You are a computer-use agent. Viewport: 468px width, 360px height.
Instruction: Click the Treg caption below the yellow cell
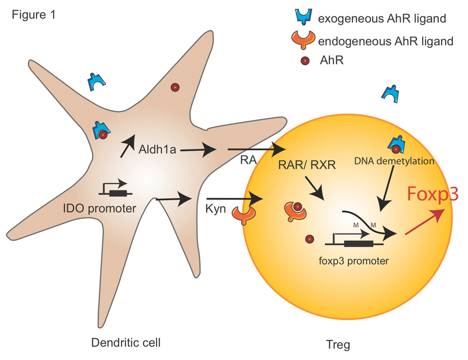pyautogui.click(x=337, y=344)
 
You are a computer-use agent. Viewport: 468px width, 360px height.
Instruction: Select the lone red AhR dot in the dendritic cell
pyautogui.click(x=174, y=87)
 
